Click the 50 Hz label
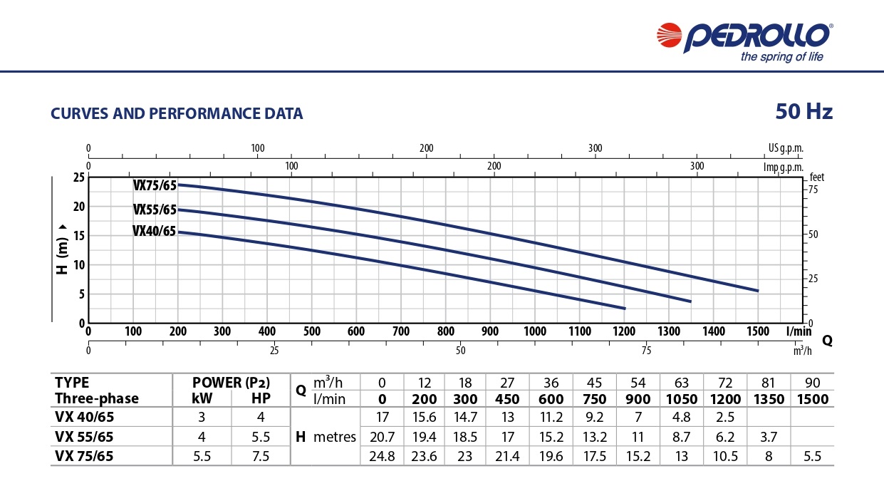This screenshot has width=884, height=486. pos(804,112)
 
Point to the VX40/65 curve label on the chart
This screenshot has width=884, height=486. pos(154,231)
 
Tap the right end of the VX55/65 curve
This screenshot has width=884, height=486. pos(690,301)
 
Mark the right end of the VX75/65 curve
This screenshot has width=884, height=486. pos(757,291)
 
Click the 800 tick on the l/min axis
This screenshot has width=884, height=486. pos(446,331)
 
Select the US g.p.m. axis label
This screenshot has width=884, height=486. pos(785,148)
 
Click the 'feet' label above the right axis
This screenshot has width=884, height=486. pos(816,176)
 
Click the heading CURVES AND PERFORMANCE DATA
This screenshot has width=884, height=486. pos(177,114)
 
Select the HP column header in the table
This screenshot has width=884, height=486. pos(261,398)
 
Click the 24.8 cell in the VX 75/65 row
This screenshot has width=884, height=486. pos(383,455)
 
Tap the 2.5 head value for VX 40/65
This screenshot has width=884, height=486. pos(725,417)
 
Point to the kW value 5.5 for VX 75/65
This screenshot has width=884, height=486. pos(202,455)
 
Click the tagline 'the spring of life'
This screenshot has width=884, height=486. pos(781,58)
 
